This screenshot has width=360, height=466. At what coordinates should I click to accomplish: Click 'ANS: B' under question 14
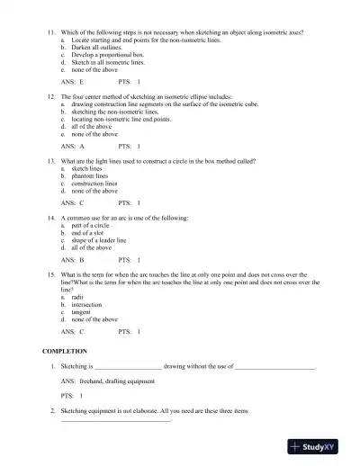click(73, 262)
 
